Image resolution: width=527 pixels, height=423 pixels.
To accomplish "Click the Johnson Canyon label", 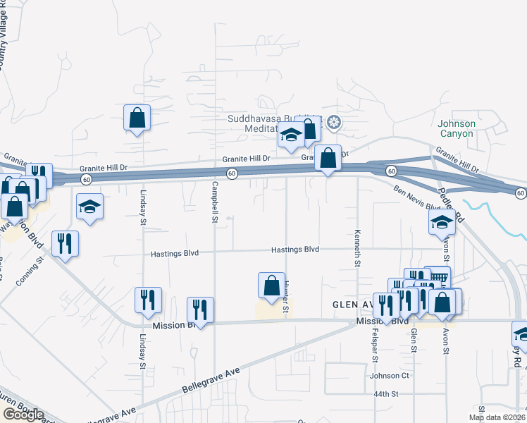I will (457, 129).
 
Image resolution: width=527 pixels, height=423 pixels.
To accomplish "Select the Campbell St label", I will (213, 202).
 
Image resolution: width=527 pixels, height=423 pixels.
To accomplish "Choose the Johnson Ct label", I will (385, 376).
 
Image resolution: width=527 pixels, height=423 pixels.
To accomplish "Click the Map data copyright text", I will (496, 417).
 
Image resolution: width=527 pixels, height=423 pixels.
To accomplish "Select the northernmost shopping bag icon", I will (137, 118).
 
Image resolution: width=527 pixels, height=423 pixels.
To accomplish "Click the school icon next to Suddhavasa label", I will (290, 135).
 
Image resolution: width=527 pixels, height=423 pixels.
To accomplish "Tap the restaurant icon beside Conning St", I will (65, 243).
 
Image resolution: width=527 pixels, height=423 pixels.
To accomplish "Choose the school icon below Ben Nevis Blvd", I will (442, 223).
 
